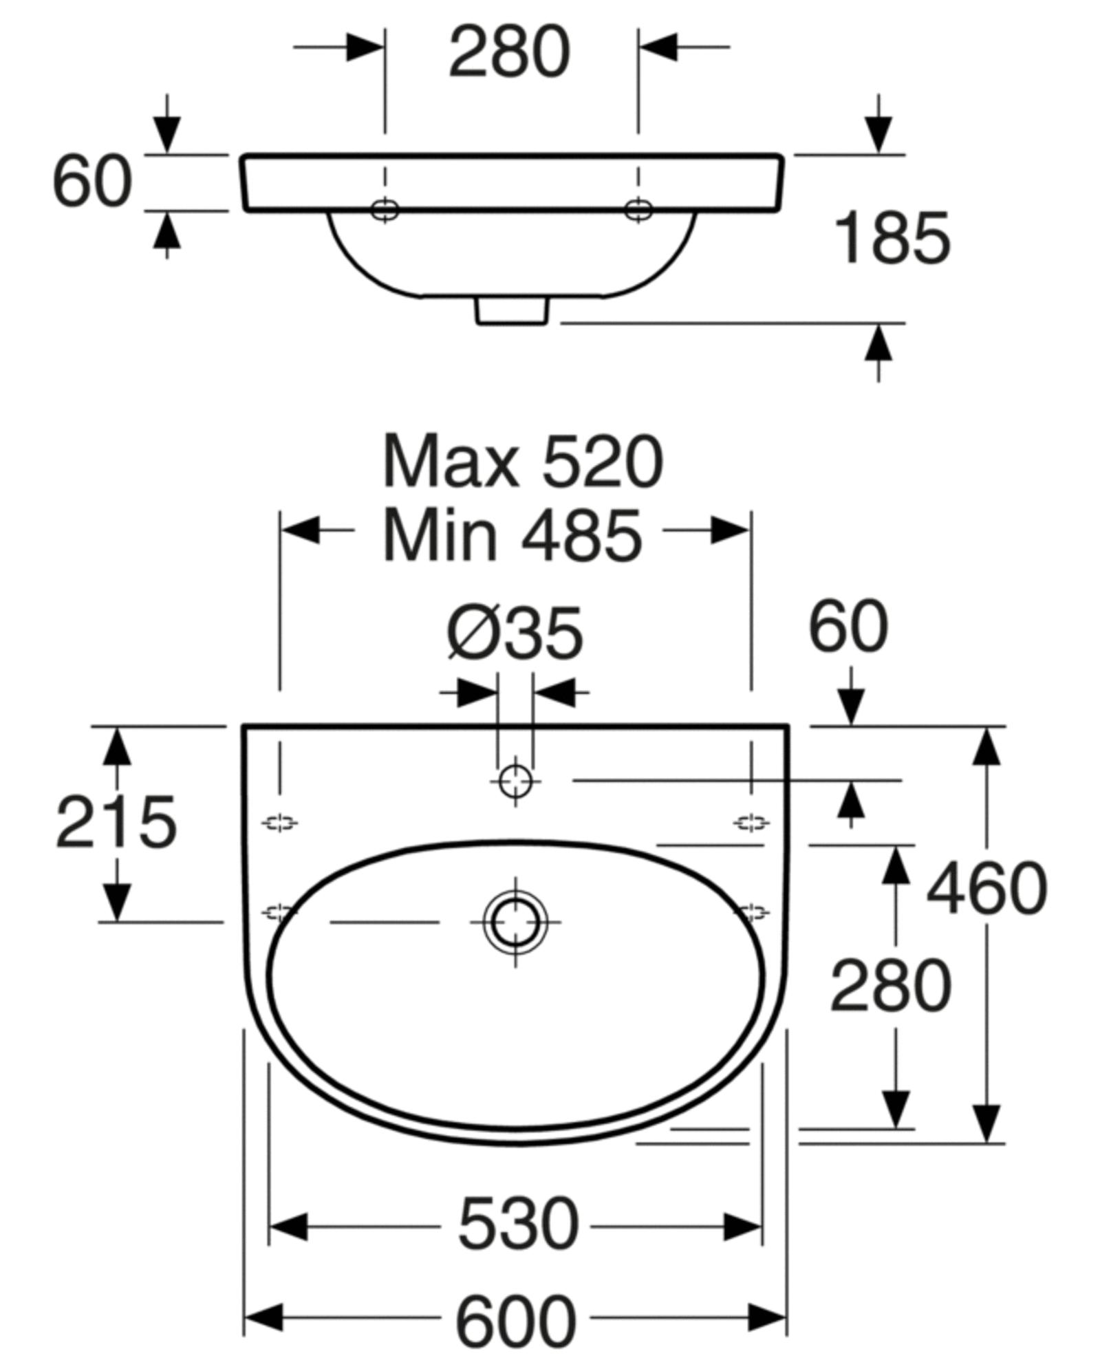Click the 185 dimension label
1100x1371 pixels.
pyautogui.click(x=892, y=238)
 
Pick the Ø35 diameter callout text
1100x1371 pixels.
pyautogui.click(x=515, y=633)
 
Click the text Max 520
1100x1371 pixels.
pyautogui.click(x=523, y=462)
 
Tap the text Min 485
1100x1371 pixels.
pyautogui.click(x=513, y=536)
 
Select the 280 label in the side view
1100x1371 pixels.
pyautogui.click(x=510, y=52)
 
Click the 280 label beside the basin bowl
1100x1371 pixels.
pyautogui.click(x=891, y=986)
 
